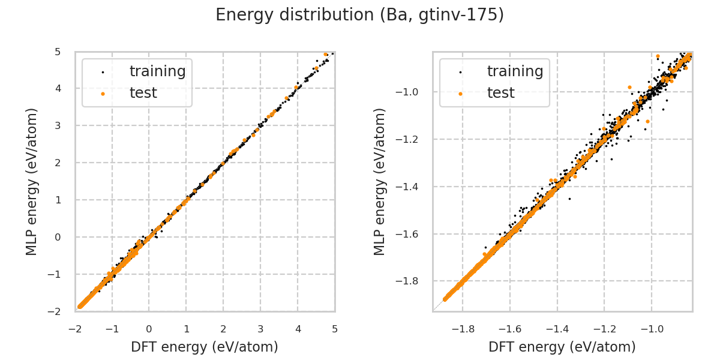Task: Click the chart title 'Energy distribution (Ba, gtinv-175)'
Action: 359,15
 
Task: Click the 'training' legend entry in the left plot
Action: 157,71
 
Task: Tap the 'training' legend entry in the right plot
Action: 515,71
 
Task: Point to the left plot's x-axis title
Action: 205,347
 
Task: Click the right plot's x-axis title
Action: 562,347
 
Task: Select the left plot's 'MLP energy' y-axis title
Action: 32,181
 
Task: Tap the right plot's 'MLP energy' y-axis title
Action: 380,181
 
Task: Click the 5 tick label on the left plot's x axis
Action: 334,329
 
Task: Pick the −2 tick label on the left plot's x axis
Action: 74,329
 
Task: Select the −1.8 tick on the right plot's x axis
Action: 463,329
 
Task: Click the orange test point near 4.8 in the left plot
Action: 326,55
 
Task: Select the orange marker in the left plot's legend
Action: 103,94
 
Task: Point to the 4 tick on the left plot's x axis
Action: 298,329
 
